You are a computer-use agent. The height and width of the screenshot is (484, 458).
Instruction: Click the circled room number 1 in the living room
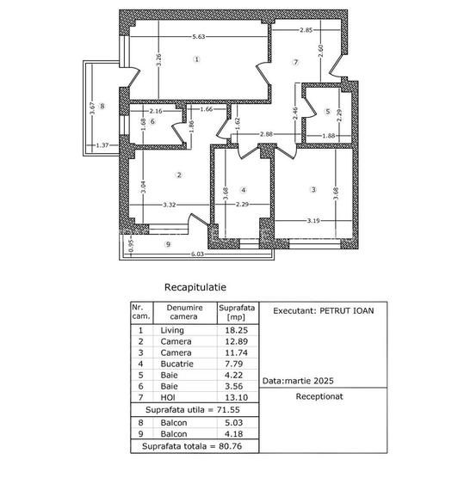(x=197, y=59)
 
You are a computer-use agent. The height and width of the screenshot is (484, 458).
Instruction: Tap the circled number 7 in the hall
(x=294, y=62)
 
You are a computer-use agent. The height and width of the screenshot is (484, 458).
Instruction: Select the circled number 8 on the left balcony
(x=102, y=107)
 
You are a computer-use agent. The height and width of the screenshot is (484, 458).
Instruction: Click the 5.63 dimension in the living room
(x=198, y=36)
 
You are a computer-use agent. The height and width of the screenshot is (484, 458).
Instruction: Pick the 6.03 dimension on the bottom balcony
(x=197, y=254)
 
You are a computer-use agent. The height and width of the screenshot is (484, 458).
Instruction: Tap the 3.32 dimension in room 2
(x=169, y=205)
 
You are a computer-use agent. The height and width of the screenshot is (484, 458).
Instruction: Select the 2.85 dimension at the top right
(x=306, y=31)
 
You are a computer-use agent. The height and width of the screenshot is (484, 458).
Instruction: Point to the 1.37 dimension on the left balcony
(x=103, y=144)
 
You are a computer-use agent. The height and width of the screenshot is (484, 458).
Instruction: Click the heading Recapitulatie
(x=195, y=289)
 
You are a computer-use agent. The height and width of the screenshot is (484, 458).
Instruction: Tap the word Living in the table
(x=172, y=329)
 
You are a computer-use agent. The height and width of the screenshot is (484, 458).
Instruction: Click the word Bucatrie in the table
(x=176, y=364)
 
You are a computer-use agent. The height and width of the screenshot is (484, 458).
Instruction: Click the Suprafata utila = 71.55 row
(x=194, y=412)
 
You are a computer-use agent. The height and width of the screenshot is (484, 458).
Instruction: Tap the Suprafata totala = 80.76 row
(x=194, y=446)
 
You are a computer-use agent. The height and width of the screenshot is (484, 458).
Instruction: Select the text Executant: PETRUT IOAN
(x=318, y=311)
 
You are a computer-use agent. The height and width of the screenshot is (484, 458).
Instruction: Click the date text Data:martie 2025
(x=299, y=379)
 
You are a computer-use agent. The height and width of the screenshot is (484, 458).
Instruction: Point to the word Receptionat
(x=319, y=397)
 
